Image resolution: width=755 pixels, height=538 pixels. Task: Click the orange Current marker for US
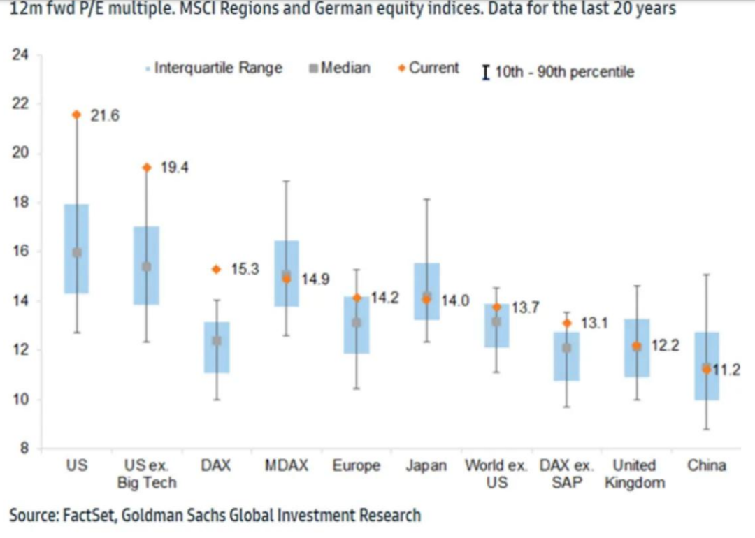(77, 115)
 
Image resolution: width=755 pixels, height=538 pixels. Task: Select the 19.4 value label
(175, 168)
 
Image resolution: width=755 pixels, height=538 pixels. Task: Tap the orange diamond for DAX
(217, 269)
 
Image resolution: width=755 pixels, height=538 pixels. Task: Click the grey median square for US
(77, 252)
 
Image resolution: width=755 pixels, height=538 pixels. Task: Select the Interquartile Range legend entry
(214, 68)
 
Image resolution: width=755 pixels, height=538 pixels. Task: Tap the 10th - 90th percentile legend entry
(559, 72)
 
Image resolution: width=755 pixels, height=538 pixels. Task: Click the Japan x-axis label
(426, 466)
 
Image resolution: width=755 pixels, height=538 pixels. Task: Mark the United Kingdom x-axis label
(635, 474)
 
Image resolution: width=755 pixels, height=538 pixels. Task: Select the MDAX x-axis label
(286, 466)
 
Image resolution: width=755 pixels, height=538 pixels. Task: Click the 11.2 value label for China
(727, 370)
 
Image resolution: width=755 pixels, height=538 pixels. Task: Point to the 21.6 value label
(105, 116)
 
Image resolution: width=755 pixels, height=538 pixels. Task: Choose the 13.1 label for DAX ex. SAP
(595, 324)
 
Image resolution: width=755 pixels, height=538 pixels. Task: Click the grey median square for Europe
(357, 322)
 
